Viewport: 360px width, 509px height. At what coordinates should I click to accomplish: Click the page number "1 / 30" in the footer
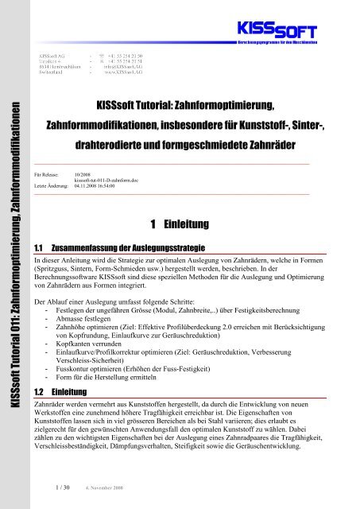(55, 489)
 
